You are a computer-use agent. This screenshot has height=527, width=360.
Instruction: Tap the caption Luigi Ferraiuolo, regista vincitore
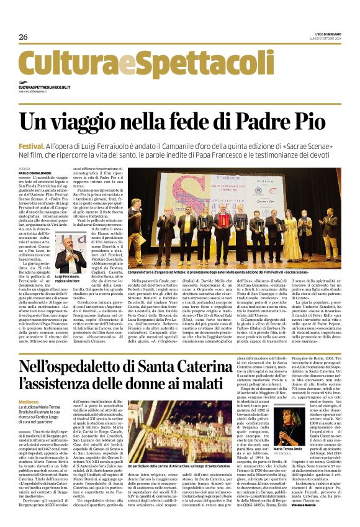[71, 277]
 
